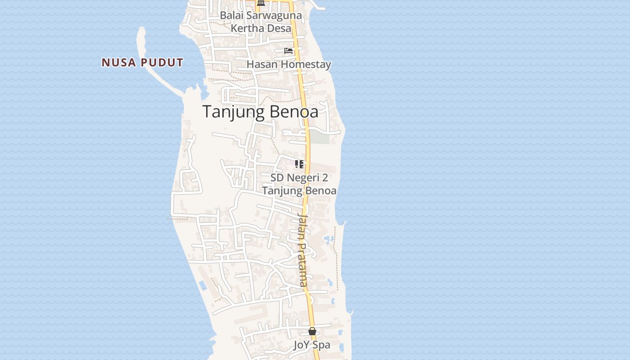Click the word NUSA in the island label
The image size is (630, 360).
119,63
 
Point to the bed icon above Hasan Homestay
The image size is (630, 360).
288,51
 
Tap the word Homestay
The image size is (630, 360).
304,64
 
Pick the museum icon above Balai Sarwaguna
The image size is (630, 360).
261,3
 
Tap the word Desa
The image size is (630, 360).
277,28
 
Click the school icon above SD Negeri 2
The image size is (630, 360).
299,164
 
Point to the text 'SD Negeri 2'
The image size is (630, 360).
299,177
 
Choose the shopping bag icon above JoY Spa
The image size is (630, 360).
312,332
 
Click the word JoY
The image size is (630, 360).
302,345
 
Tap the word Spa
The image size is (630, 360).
322,345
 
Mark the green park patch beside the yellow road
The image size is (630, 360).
320,137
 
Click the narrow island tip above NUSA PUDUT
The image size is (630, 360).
142,32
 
